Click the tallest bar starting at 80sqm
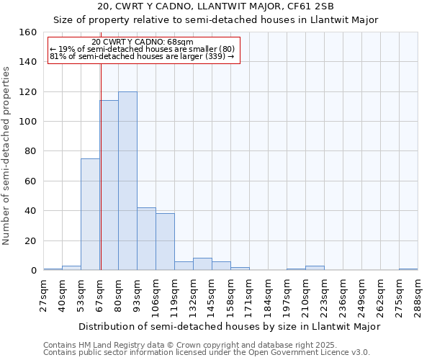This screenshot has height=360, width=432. [127, 181]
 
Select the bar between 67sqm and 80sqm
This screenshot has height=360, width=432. [109, 185]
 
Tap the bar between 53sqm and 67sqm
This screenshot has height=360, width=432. [90, 215]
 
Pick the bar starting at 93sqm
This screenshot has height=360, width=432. [146, 239]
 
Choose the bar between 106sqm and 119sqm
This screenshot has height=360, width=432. [165, 242]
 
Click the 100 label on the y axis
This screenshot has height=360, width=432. [28, 122]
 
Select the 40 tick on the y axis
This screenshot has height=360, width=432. [31, 211]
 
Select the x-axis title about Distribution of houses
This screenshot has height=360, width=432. [229, 326]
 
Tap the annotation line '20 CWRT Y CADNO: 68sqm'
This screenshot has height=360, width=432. [143, 42]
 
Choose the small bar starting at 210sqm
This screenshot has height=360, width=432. [315, 268]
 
